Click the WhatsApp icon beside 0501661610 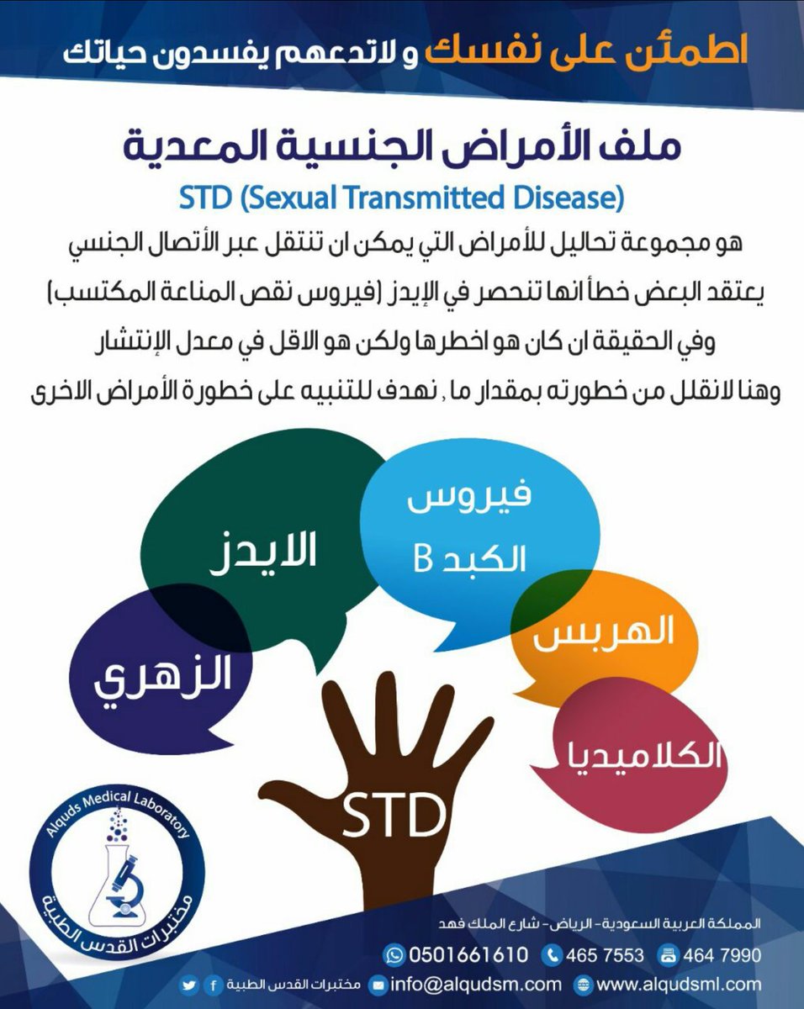(x=394, y=955)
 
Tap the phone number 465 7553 (x=604, y=955)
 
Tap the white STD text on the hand (x=393, y=814)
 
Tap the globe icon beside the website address (x=586, y=983)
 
